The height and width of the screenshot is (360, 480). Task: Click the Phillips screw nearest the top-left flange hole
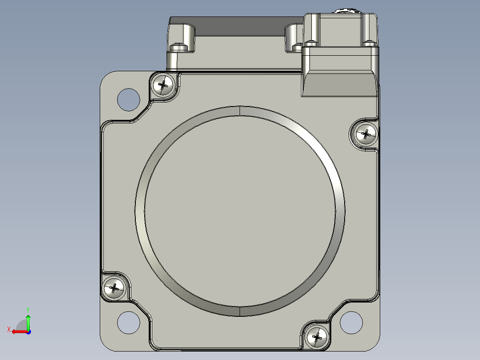163,85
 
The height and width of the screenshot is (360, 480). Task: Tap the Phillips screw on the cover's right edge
366,134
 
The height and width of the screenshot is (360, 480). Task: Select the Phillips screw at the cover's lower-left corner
114,288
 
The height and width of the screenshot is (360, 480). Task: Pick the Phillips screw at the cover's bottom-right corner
317,337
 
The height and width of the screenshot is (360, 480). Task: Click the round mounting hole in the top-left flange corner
129,99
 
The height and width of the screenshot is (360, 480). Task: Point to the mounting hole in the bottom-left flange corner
129,323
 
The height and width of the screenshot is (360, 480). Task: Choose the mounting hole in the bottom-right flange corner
351,323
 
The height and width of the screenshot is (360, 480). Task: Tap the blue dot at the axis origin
28,332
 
